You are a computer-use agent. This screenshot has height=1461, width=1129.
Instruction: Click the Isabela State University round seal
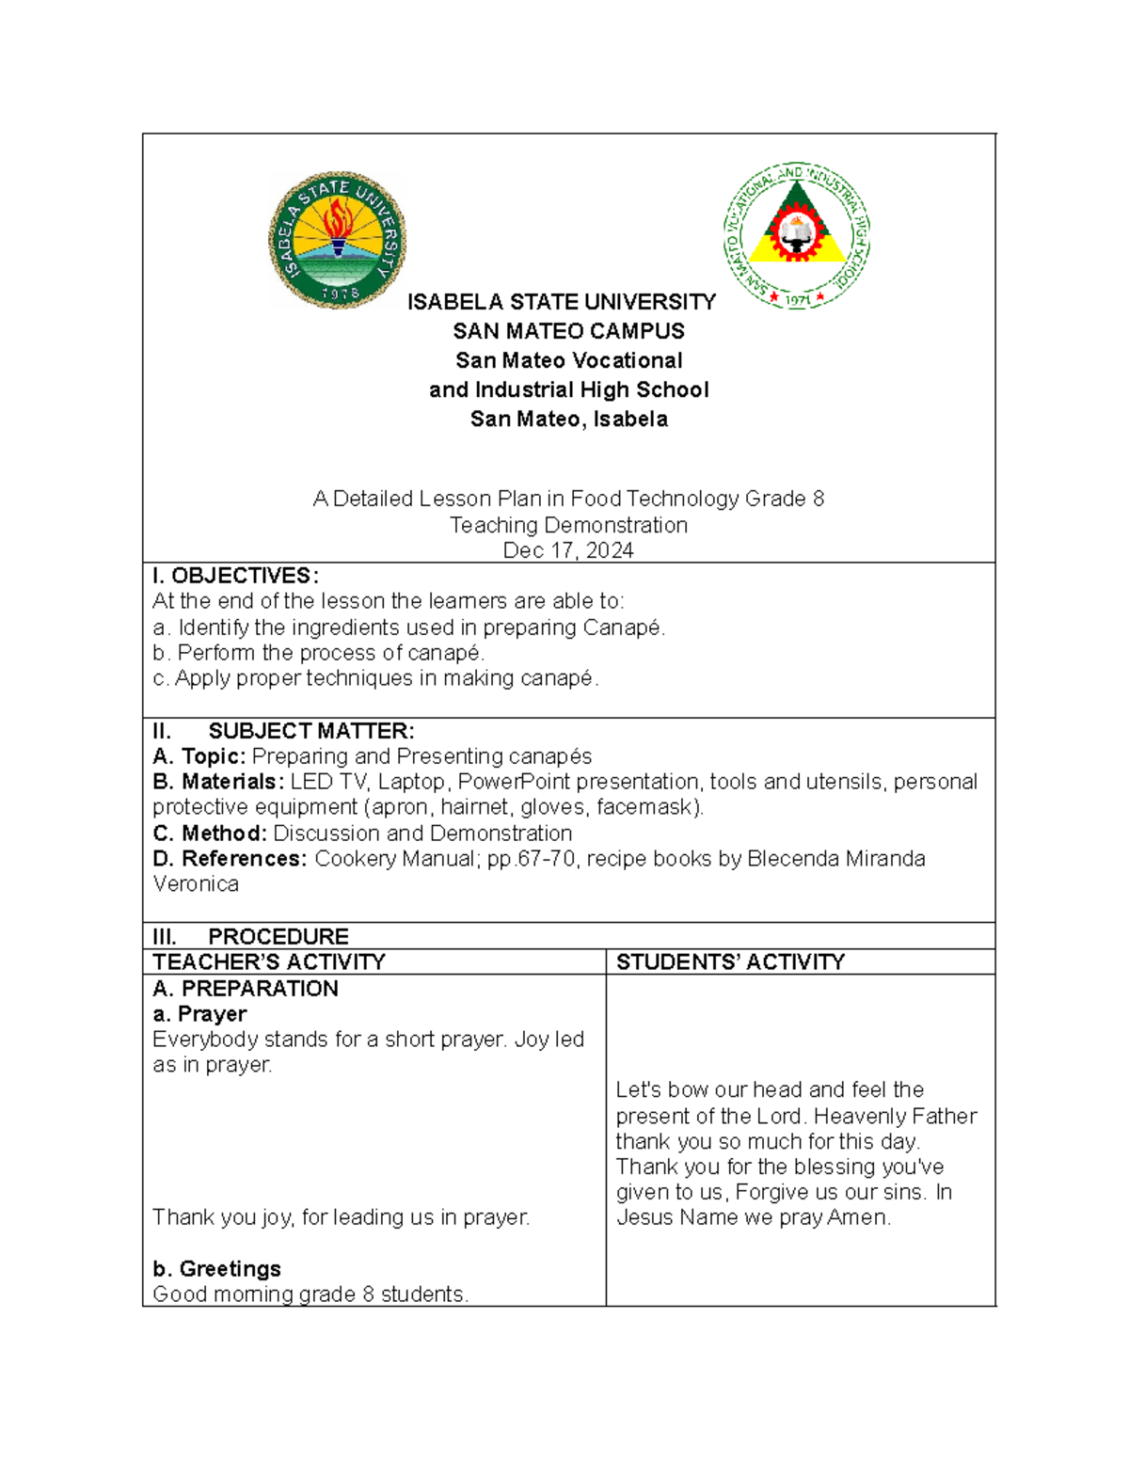coord(338,240)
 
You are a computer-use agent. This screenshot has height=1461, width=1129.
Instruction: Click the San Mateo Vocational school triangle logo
coord(797,235)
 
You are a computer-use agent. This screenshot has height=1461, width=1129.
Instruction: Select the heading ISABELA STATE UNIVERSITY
coord(561,302)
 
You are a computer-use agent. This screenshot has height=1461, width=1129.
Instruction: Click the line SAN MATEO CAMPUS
coord(568,331)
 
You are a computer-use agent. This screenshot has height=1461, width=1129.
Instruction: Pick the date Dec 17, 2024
coord(568,550)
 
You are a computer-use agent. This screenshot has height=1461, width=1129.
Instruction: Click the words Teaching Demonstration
coord(568,525)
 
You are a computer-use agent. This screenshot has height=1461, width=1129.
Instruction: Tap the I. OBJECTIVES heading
coord(235,576)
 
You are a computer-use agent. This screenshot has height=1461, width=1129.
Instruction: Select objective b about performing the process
coord(318,653)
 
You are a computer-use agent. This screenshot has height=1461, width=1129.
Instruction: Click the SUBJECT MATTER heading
coord(310,731)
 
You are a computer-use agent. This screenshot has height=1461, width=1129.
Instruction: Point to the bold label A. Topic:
coord(199,756)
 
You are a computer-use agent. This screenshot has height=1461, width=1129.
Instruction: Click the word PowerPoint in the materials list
coord(514,782)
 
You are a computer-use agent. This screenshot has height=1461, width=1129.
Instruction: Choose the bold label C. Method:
coord(210,834)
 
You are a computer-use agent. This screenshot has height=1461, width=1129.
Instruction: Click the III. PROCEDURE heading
coord(278,936)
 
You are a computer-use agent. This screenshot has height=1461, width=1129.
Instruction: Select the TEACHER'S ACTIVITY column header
coord(269,961)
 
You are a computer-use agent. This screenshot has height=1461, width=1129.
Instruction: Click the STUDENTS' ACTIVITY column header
coord(730,961)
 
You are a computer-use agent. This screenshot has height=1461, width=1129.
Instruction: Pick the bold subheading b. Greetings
coord(216,1269)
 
